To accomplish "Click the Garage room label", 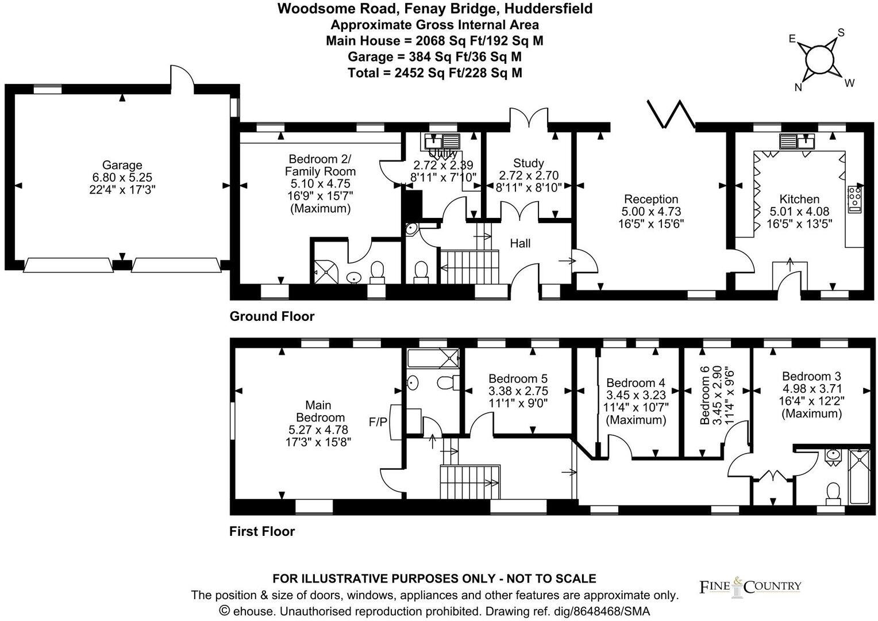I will pyautogui.click(x=122, y=166).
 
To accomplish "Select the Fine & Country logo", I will pyautogui.click(x=750, y=586).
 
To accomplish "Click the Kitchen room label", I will pyautogui.click(x=799, y=199).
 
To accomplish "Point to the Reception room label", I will pyautogui.click(x=651, y=199).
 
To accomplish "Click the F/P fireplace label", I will pyautogui.click(x=378, y=423).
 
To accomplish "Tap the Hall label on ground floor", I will pyautogui.click(x=520, y=243).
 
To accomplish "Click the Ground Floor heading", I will pyautogui.click(x=272, y=316).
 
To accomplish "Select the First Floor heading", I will pyautogui.click(x=262, y=531).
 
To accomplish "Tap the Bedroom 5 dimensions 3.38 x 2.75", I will pyautogui.click(x=518, y=391).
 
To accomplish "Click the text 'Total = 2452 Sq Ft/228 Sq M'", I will pyautogui.click(x=435, y=73).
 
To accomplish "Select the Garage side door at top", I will pyautogui.click(x=182, y=76).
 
